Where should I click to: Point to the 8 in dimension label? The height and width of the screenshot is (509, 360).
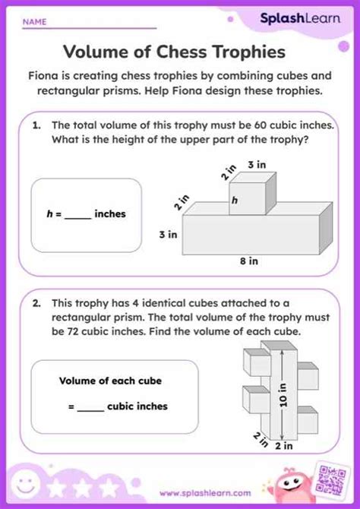(248, 261)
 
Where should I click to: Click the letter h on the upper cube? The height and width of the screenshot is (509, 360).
(235, 201)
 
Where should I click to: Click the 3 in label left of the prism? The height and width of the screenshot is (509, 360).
(167, 236)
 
